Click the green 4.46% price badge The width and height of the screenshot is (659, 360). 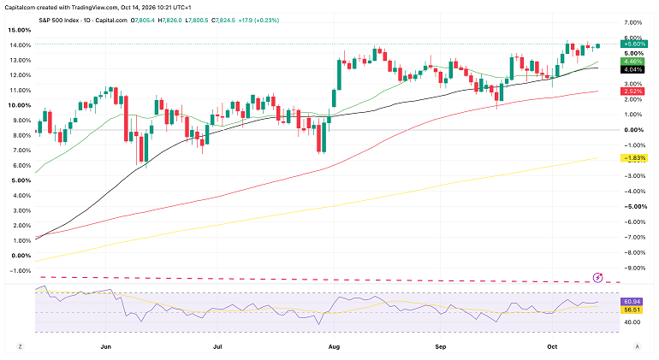click(x=633, y=62)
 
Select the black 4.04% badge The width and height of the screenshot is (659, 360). click(x=633, y=70)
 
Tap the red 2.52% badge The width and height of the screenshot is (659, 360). click(x=633, y=91)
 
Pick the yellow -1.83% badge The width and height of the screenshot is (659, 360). click(x=634, y=158)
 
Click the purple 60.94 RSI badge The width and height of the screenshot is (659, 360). click(x=632, y=302)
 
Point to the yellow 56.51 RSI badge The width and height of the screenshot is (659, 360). click(x=632, y=310)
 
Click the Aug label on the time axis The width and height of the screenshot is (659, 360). click(x=334, y=346)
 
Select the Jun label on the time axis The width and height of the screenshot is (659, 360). click(x=106, y=346)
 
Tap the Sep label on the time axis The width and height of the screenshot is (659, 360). click(x=441, y=346)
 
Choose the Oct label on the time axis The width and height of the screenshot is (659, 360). click(x=552, y=346)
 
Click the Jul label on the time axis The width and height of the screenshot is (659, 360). click(x=217, y=346)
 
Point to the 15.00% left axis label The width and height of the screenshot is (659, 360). click(x=20, y=30)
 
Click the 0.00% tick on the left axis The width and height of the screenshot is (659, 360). click(x=21, y=256)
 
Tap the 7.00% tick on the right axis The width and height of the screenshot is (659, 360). click(x=634, y=22)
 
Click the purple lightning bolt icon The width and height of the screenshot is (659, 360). click(x=597, y=278)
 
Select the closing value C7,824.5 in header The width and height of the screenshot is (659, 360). click(x=223, y=21)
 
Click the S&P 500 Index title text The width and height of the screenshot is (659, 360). click(x=59, y=21)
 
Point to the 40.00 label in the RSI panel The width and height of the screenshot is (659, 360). click(x=632, y=322)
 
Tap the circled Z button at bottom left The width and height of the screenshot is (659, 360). click(x=20, y=346)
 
